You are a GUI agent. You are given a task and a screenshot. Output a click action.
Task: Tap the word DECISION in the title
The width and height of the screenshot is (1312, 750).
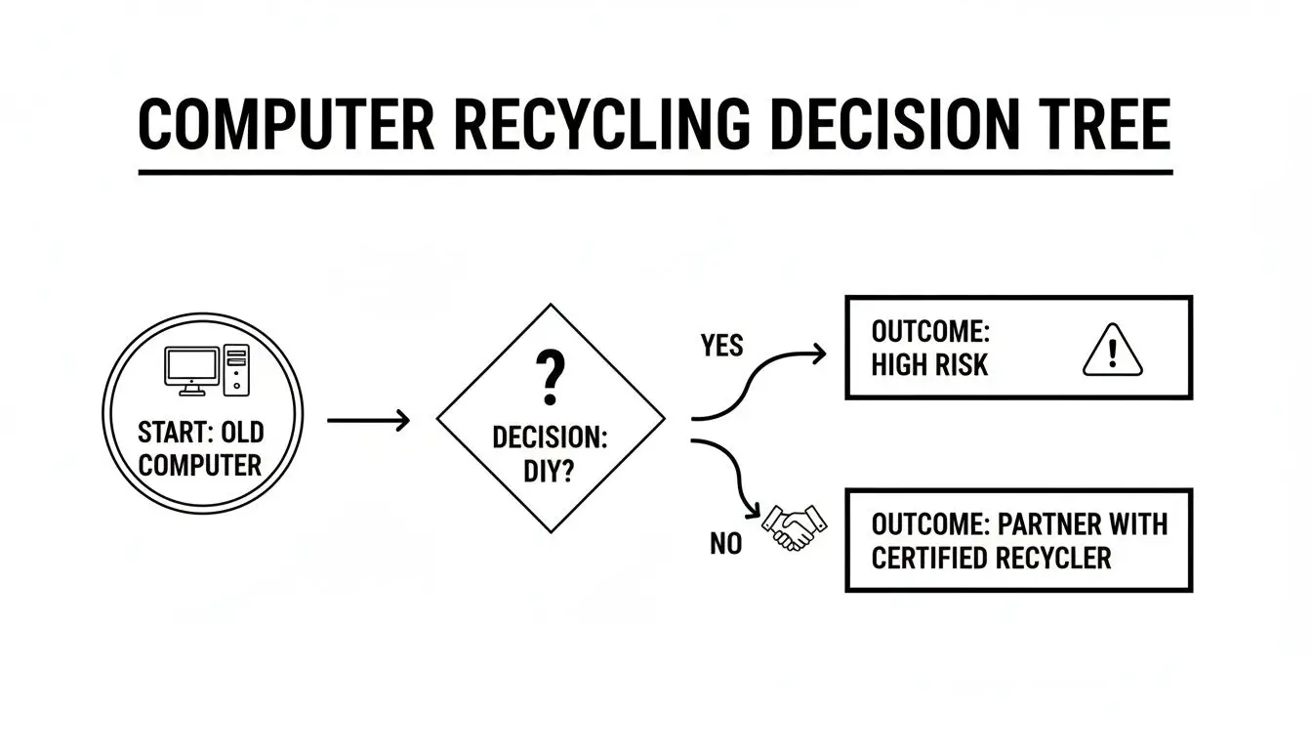pyautogui.click(x=891, y=125)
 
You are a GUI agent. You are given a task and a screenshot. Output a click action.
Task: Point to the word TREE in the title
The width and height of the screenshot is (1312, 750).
pyautogui.click(x=1102, y=125)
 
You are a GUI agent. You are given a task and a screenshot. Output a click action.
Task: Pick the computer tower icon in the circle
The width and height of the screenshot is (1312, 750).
pyautogui.click(x=236, y=370)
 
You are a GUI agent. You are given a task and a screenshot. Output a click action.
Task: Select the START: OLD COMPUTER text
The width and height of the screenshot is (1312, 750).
pyautogui.click(x=200, y=448)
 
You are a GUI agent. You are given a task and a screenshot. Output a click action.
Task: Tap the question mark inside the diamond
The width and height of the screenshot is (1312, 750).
pyautogui.click(x=550, y=379)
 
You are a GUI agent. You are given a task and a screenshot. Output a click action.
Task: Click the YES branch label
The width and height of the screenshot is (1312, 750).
pyautogui.click(x=721, y=346)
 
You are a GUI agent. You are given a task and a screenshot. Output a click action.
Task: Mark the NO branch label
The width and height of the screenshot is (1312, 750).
pyautogui.click(x=725, y=544)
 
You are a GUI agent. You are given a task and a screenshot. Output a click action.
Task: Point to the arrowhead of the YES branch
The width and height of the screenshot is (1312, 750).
pyautogui.click(x=818, y=354)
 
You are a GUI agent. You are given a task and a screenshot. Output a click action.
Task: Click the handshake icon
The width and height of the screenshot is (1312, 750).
pyautogui.click(x=793, y=527)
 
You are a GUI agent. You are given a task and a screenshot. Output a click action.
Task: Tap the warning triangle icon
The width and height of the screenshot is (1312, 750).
pyautogui.click(x=1112, y=351)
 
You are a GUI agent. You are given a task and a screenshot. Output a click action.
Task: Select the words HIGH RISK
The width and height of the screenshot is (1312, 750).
pyautogui.click(x=929, y=365)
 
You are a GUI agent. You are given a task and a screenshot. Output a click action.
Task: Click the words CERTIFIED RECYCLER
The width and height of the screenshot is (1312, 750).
pyautogui.click(x=991, y=559)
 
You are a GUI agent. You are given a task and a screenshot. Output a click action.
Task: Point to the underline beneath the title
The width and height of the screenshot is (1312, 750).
pyautogui.click(x=655, y=173)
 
